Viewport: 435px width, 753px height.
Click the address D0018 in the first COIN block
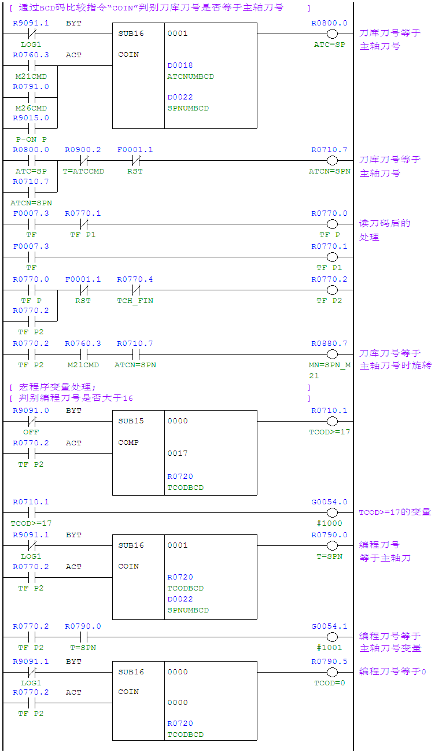180,65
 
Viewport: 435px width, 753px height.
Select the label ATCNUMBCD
190,76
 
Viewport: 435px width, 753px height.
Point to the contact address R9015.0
31,118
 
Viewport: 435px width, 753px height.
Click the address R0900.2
83,150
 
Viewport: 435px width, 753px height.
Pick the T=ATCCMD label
83,171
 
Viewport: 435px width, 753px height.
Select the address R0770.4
135,279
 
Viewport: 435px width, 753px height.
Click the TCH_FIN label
135,301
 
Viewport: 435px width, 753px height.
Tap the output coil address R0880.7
329,344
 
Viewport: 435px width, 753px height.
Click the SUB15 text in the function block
131,421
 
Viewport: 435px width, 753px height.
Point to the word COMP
128,442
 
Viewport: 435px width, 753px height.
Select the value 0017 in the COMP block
178,453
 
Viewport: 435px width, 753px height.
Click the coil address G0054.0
329,502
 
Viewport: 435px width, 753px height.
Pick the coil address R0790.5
329,662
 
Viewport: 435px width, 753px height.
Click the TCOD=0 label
329,682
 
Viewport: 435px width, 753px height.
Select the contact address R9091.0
31,411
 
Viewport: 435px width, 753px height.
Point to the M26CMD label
31,108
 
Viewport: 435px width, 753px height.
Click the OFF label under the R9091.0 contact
31,432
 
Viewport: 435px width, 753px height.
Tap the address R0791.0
31,87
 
